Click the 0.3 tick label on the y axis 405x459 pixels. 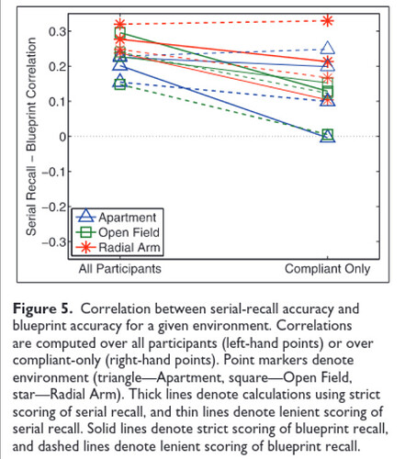click(x=57, y=31)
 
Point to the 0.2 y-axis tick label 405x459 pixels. click(x=57, y=66)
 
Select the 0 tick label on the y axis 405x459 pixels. click(x=62, y=137)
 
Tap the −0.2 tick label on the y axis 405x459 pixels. click(x=54, y=207)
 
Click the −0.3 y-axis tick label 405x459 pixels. click(x=54, y=242)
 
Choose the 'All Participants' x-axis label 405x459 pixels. click(x=119, y=269)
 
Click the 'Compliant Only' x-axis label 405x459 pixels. click(x=327, y=269)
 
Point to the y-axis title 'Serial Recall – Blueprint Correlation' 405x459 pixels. click(x=31, y=137)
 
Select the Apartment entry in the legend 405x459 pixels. click(x=117, y=217)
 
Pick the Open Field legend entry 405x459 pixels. click(x=118, y=232)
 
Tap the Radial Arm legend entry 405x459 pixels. click(x=118, y=247)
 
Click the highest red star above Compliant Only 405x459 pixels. click(x=328, y=21)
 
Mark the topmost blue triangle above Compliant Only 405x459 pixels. click(x=328, y=48)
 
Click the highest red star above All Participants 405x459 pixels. click(x=120, y=24)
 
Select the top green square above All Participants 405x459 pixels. click(x=120, y=32)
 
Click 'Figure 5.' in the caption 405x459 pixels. click(x=43, y=308)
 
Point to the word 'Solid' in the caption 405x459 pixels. click(x=101, y=429)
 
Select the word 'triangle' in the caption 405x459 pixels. click(x=119, y=377)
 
